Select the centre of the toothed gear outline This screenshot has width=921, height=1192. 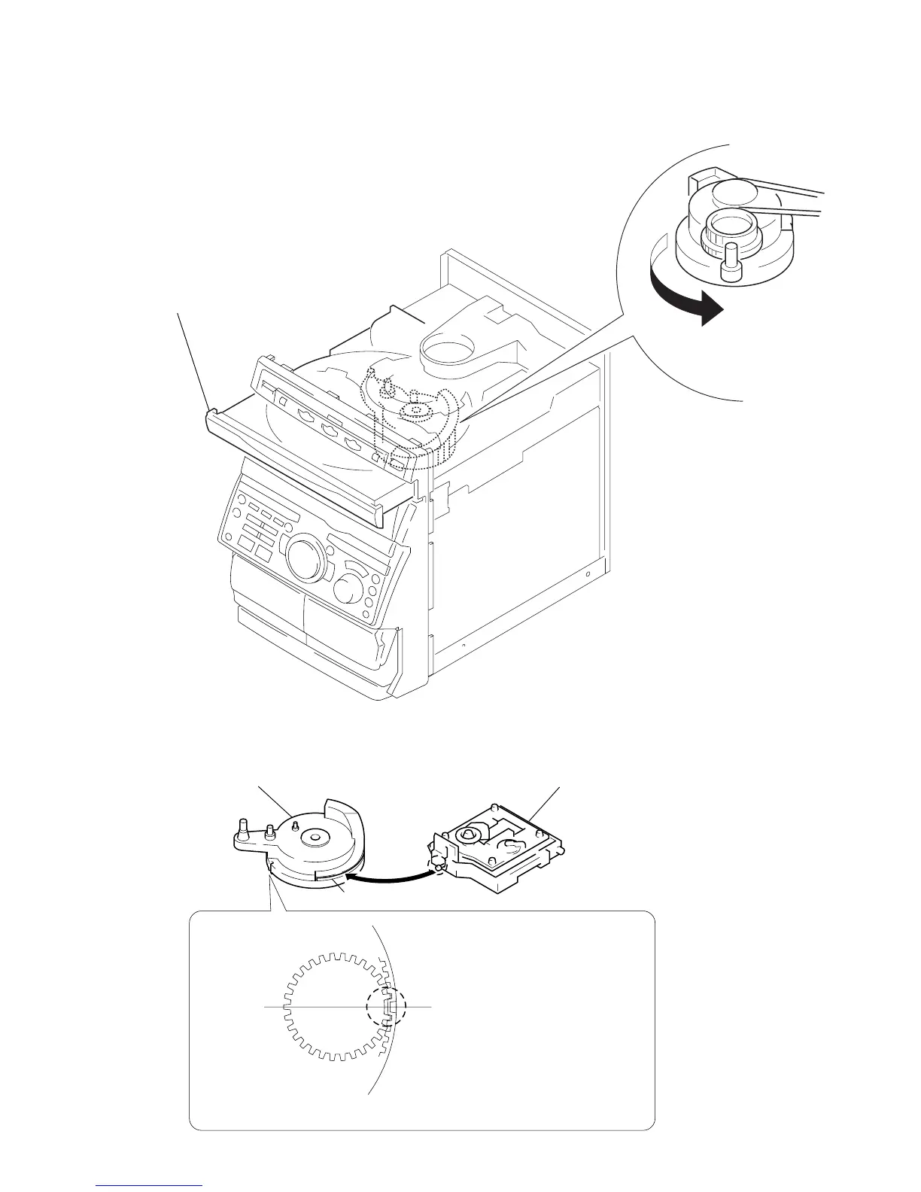click(x=334, y=1006)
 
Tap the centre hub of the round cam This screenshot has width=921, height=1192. click(x=310, y=835)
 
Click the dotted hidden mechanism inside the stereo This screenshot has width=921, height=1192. click(x=410, y=414)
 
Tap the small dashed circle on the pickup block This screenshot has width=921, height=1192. click(x=436, y=866)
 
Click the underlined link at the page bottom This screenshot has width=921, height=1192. click(x=150, y=1186)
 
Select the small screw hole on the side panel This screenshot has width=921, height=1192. click(x=588, y=574)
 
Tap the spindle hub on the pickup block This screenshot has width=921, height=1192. click(x=468, y=834)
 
